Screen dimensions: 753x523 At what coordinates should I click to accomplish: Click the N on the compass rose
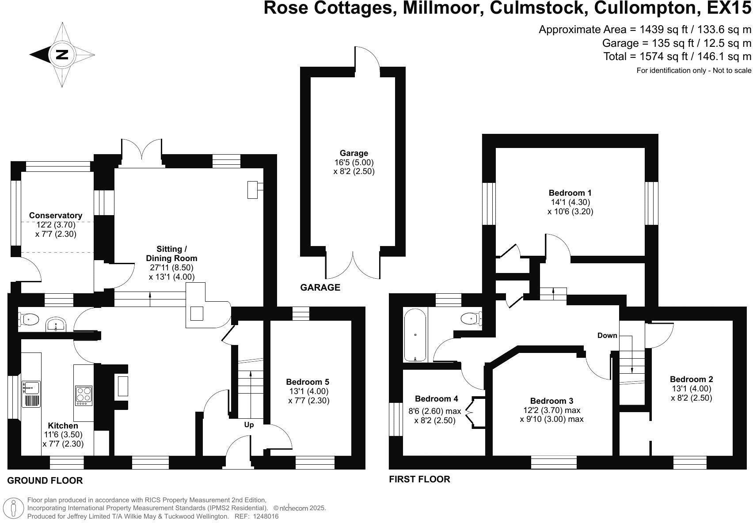coord(62,55)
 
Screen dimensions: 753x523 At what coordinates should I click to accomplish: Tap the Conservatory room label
coord(56,216)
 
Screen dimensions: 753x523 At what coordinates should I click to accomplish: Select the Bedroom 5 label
coord(308,382)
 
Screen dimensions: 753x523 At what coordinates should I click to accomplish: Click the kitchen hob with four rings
coord(84,396)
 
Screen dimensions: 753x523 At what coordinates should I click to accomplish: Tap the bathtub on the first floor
coord(415,335)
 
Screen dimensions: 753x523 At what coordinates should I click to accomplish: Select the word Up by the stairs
coord(249,425)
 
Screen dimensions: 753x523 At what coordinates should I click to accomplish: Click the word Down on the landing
coord(607,336)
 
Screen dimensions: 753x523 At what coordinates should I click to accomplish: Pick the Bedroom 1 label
coord(570,193)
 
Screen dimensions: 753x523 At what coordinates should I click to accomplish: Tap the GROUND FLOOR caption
coord(45,481)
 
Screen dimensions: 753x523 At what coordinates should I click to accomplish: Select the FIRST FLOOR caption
coord(419,479)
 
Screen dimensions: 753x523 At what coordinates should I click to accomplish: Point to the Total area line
coord(677,57)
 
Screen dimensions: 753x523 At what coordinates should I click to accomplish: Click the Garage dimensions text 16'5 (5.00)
coord(354,163)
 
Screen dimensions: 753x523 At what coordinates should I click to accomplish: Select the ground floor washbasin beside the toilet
coord(56,324)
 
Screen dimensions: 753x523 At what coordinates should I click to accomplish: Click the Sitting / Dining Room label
coord(171,254)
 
